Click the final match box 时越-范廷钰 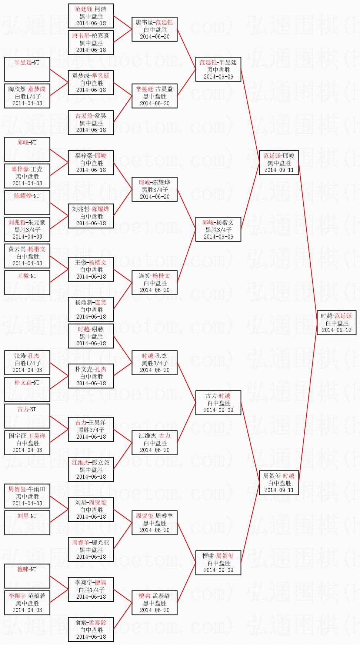tap(337, 323)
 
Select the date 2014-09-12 tap(337, 330)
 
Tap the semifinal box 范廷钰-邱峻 tap(279, 163)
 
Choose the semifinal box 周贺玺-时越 tap(279, 483)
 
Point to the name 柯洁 tap(100, 9)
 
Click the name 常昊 tap(100, 116)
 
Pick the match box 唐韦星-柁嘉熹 tap(91, 43)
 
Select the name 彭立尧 tap(100, 463)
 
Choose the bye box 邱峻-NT tap(27, 149)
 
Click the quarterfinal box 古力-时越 tap(218, 403)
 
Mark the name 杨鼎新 tap(84, 303)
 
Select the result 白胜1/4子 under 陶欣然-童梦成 tap(27, 96)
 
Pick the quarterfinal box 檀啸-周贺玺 tap(218, 563)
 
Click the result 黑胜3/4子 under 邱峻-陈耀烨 tap(155, 190)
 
